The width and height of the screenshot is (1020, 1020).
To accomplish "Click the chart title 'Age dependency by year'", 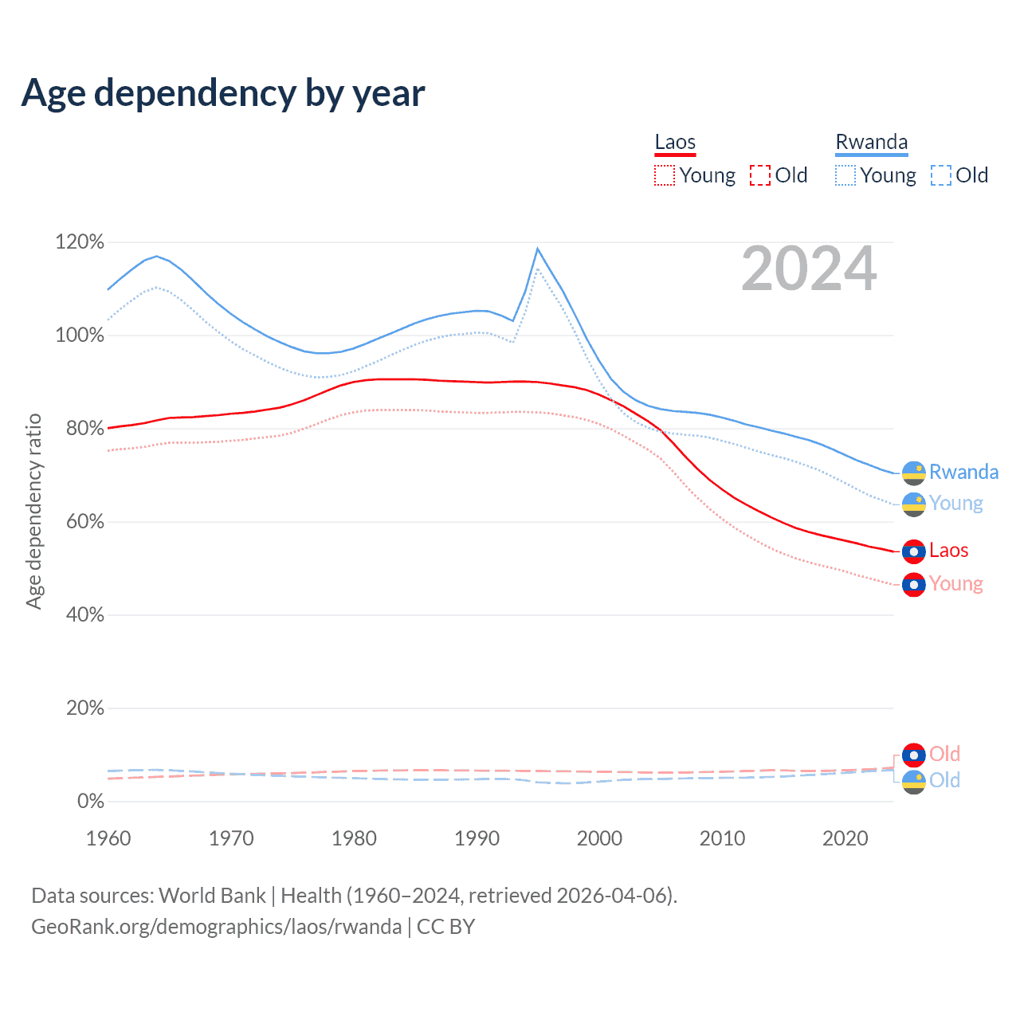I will tap(223, 93).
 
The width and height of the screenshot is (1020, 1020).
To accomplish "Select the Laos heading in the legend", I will tap(675, 143).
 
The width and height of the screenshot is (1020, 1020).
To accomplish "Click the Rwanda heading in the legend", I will tap(871, 143).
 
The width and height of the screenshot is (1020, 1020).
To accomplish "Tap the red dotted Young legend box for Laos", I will tap(664, 175).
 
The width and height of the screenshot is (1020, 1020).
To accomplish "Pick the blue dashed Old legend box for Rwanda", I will tap(940, 175).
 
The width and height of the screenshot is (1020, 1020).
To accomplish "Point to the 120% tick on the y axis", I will tap(80, 241).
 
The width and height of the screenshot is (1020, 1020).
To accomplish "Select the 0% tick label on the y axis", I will tap(90, 802).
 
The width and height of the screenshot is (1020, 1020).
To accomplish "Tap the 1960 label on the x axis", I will tap(108, 838).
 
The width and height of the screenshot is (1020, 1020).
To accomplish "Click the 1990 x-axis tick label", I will tap(477, 838).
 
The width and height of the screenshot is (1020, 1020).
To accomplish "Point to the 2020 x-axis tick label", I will tap(845, 838).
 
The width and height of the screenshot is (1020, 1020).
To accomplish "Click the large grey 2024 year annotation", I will tap(809, 269).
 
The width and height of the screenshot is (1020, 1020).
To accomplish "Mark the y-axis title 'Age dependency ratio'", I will tap(33, 511).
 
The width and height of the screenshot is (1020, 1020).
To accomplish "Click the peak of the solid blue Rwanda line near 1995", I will tap(538, 249).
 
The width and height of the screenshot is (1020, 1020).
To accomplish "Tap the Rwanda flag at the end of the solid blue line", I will tap(913, 473).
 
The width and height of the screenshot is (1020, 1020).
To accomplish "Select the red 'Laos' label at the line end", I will tap(948, 551).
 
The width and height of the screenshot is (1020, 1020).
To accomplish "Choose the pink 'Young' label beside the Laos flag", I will tap(955, 584).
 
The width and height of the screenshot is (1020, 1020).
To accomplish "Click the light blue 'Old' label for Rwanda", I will tap(944, 780).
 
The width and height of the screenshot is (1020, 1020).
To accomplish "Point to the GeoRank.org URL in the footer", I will tap(216, 927).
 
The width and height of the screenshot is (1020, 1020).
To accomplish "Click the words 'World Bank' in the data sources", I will tap(212, 896).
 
